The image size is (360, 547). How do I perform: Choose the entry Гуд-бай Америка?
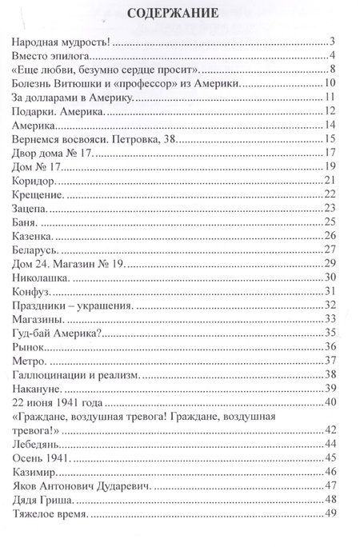click(63, 335)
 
